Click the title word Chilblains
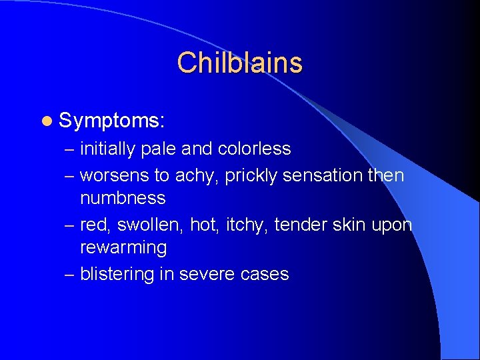(x=239, y=63)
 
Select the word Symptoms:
(x=112, y=121)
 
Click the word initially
(x=107, y=149)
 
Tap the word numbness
(x=123, y=198)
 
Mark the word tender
(x=301, y=225)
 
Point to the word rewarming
(x=123, y=247)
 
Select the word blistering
(x=118, y=274)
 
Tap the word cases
(x=269, y=274)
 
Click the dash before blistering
(x=69, y=274)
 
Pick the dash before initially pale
(x=69, y=149)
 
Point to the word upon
(x=392, y=225)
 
